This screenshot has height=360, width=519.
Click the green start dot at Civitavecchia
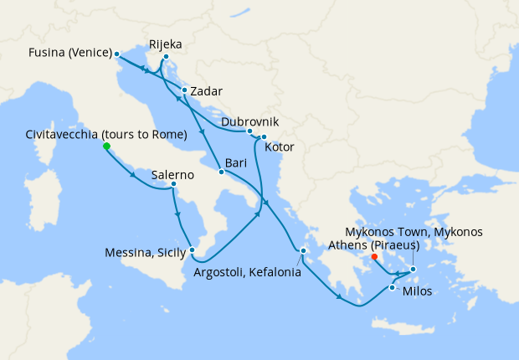(106, 147)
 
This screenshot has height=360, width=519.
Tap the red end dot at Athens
(373, 257)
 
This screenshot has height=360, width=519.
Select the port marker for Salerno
(173, 184)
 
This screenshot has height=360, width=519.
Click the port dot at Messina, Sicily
(192, 249)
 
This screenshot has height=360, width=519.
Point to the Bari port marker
(221, 172)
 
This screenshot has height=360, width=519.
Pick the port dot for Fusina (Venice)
(116, 54)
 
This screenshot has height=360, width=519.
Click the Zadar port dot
(183, 90)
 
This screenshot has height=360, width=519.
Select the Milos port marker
(392, 288)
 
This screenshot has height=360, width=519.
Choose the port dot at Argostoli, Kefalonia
(304, 249)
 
